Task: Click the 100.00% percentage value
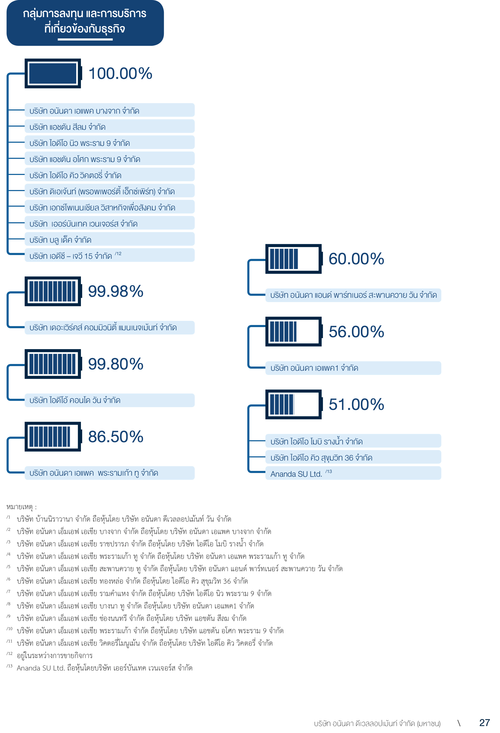120,73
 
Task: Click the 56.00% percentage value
356,332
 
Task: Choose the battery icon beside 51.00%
293,404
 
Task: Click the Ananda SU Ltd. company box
353,473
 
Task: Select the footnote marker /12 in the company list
118,254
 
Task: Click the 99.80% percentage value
115,364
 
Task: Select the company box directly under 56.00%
353,368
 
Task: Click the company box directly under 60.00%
353,295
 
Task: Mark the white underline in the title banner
85,39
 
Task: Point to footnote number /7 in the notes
8,592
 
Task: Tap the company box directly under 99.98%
109,328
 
